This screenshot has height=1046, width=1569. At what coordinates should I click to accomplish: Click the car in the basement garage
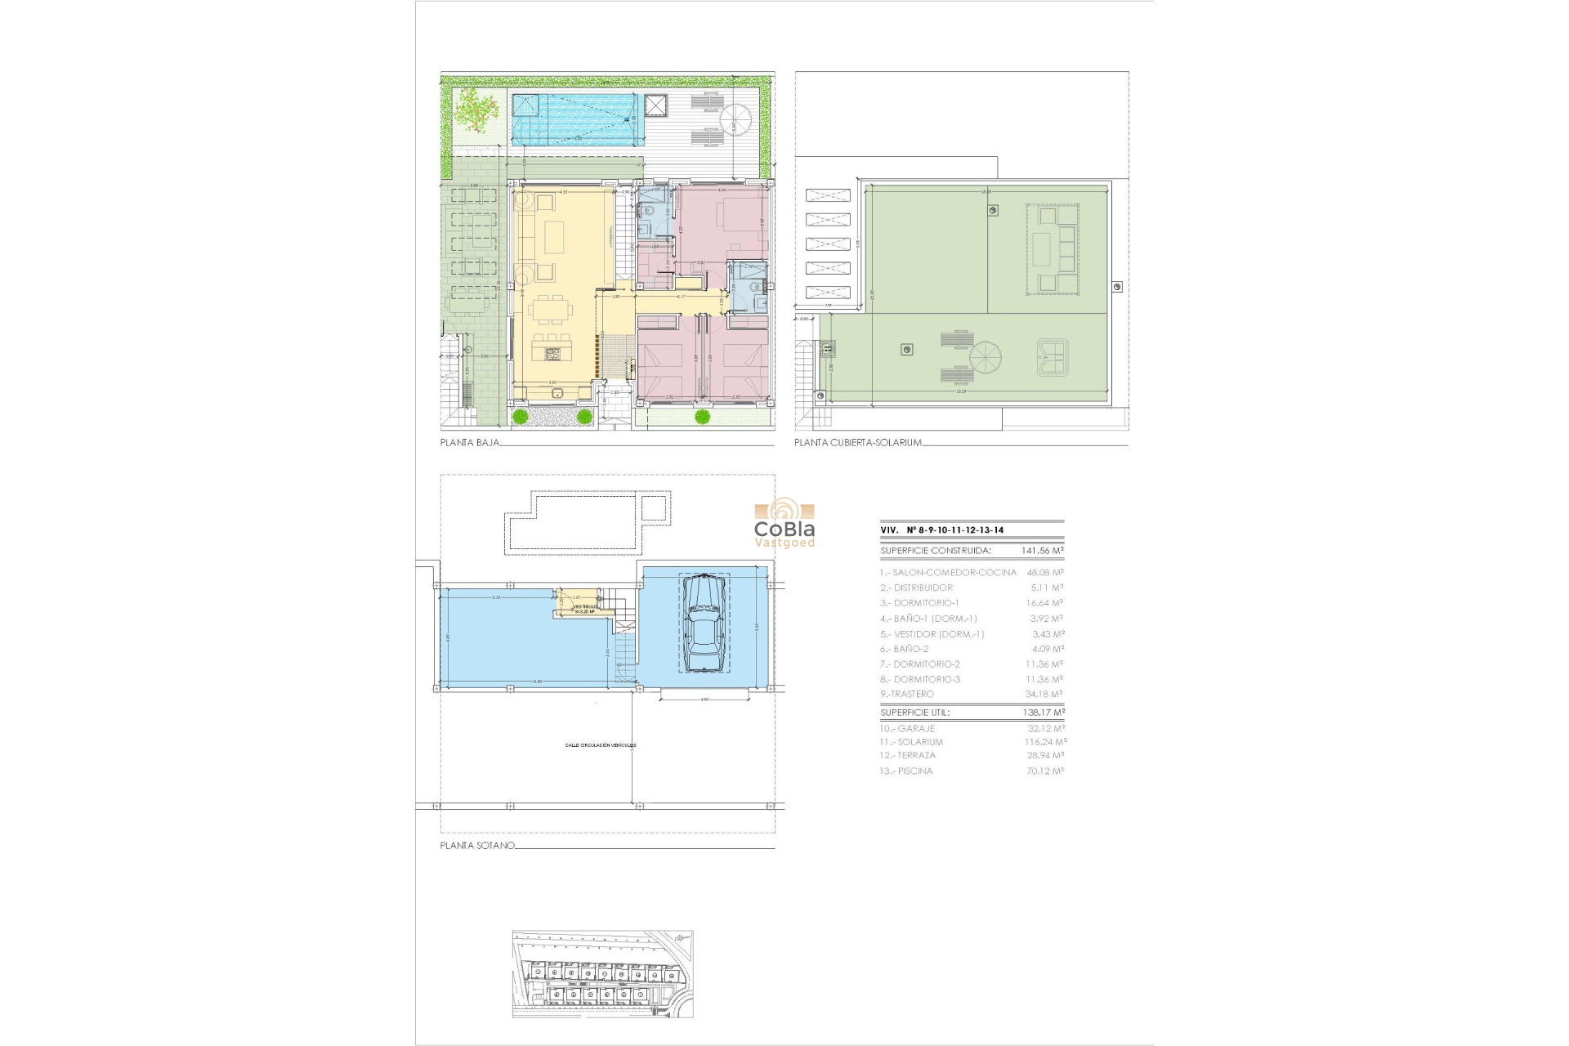pyautogui.click(x=704, y=624)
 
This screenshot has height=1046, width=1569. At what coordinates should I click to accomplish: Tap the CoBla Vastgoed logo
pyautogui.click(x=784, y=523)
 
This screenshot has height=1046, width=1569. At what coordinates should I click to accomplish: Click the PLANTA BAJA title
pyautogui.click(x=469, y=443)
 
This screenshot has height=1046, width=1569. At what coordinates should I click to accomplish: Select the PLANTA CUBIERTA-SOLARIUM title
pyautogui.click(x=858, y=443)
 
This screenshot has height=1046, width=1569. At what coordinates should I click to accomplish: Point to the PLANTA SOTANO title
pyautogui.click(x=477, y=846)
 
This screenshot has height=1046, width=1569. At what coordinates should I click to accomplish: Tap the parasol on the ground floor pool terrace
pyautogui.click(x=735, y=119)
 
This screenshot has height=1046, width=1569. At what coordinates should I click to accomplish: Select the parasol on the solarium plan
pyautogui.click(x=985, y=357)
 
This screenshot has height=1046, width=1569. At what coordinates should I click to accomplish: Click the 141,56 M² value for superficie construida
pyautogui.click(x=1043, y=551)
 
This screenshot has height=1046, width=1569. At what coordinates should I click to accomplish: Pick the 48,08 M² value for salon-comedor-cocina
pyautogui.click(x=1045, y=573)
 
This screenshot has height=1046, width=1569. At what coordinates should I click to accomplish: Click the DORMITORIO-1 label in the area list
pyautogui.click(x=926, y=603)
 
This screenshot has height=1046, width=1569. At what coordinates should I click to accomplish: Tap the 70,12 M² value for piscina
pyautogui.click(x=1045, y=771)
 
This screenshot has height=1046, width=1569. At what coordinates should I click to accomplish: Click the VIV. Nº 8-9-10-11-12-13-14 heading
pyautogui.click(x=942, y=530)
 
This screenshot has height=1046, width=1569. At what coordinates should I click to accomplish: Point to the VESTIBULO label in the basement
pyautogui.click(x=585, y=607)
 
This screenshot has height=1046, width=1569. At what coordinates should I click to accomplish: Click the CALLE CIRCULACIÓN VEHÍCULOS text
pyautogui.click(x=601, y=745)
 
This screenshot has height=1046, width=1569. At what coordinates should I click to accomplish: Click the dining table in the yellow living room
pyautogui.click(x=550, y=311)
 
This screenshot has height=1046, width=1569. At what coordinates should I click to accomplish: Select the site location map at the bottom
pyautogui.click(x=602, y=974)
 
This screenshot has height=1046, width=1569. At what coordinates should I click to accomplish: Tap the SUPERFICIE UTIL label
pyautogui.click(x=914, y=713)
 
